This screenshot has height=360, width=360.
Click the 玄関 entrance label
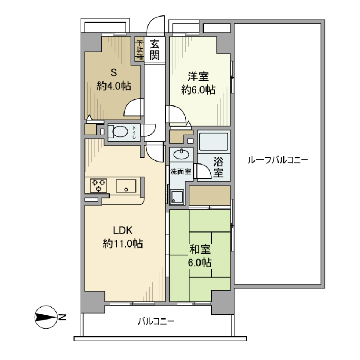tap(154, 50)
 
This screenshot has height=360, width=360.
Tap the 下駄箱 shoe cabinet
tap(139, 50)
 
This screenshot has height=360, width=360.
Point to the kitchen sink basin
tap(126, 186)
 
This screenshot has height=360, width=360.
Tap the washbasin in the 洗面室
tap(181, 154)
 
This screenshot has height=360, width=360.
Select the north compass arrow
tap(45, 318)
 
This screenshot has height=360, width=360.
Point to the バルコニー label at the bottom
tap(156, 322)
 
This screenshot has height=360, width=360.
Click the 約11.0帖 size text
tap(123, 244)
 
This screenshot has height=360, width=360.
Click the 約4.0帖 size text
tap(113, 86)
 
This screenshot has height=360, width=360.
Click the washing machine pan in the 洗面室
tap(177, 196)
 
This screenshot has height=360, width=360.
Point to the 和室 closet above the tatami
tap(209, 195)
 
